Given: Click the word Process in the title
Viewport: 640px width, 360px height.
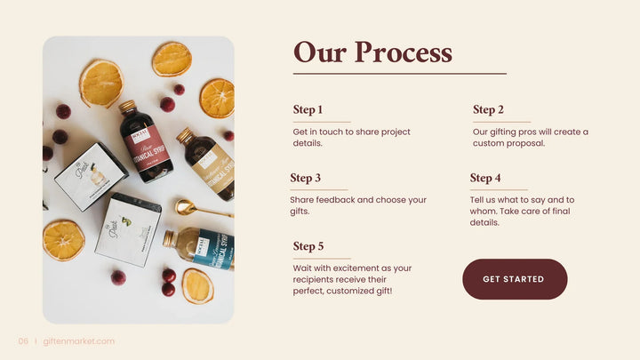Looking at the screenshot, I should tap(403, 52).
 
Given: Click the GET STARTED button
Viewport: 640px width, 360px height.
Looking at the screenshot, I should tap(514, 279).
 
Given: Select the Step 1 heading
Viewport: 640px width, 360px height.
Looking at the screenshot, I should tap(308, 110).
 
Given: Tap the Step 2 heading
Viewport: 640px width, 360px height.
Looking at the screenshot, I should tap(488, 110).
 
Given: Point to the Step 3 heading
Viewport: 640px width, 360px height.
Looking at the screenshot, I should tap(305, 178).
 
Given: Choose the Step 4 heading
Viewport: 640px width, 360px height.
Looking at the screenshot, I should tap(485, 178).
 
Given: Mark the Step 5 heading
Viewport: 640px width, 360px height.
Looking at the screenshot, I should tap(308, 246).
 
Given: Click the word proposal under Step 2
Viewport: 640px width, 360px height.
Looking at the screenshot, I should tap(524, 143).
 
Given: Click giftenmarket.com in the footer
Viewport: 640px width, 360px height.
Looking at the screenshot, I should tap(79, 341).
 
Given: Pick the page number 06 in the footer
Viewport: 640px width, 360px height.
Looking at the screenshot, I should tap(24, 341).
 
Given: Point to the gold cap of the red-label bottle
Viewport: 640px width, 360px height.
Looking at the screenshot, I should tap(128, 107).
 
